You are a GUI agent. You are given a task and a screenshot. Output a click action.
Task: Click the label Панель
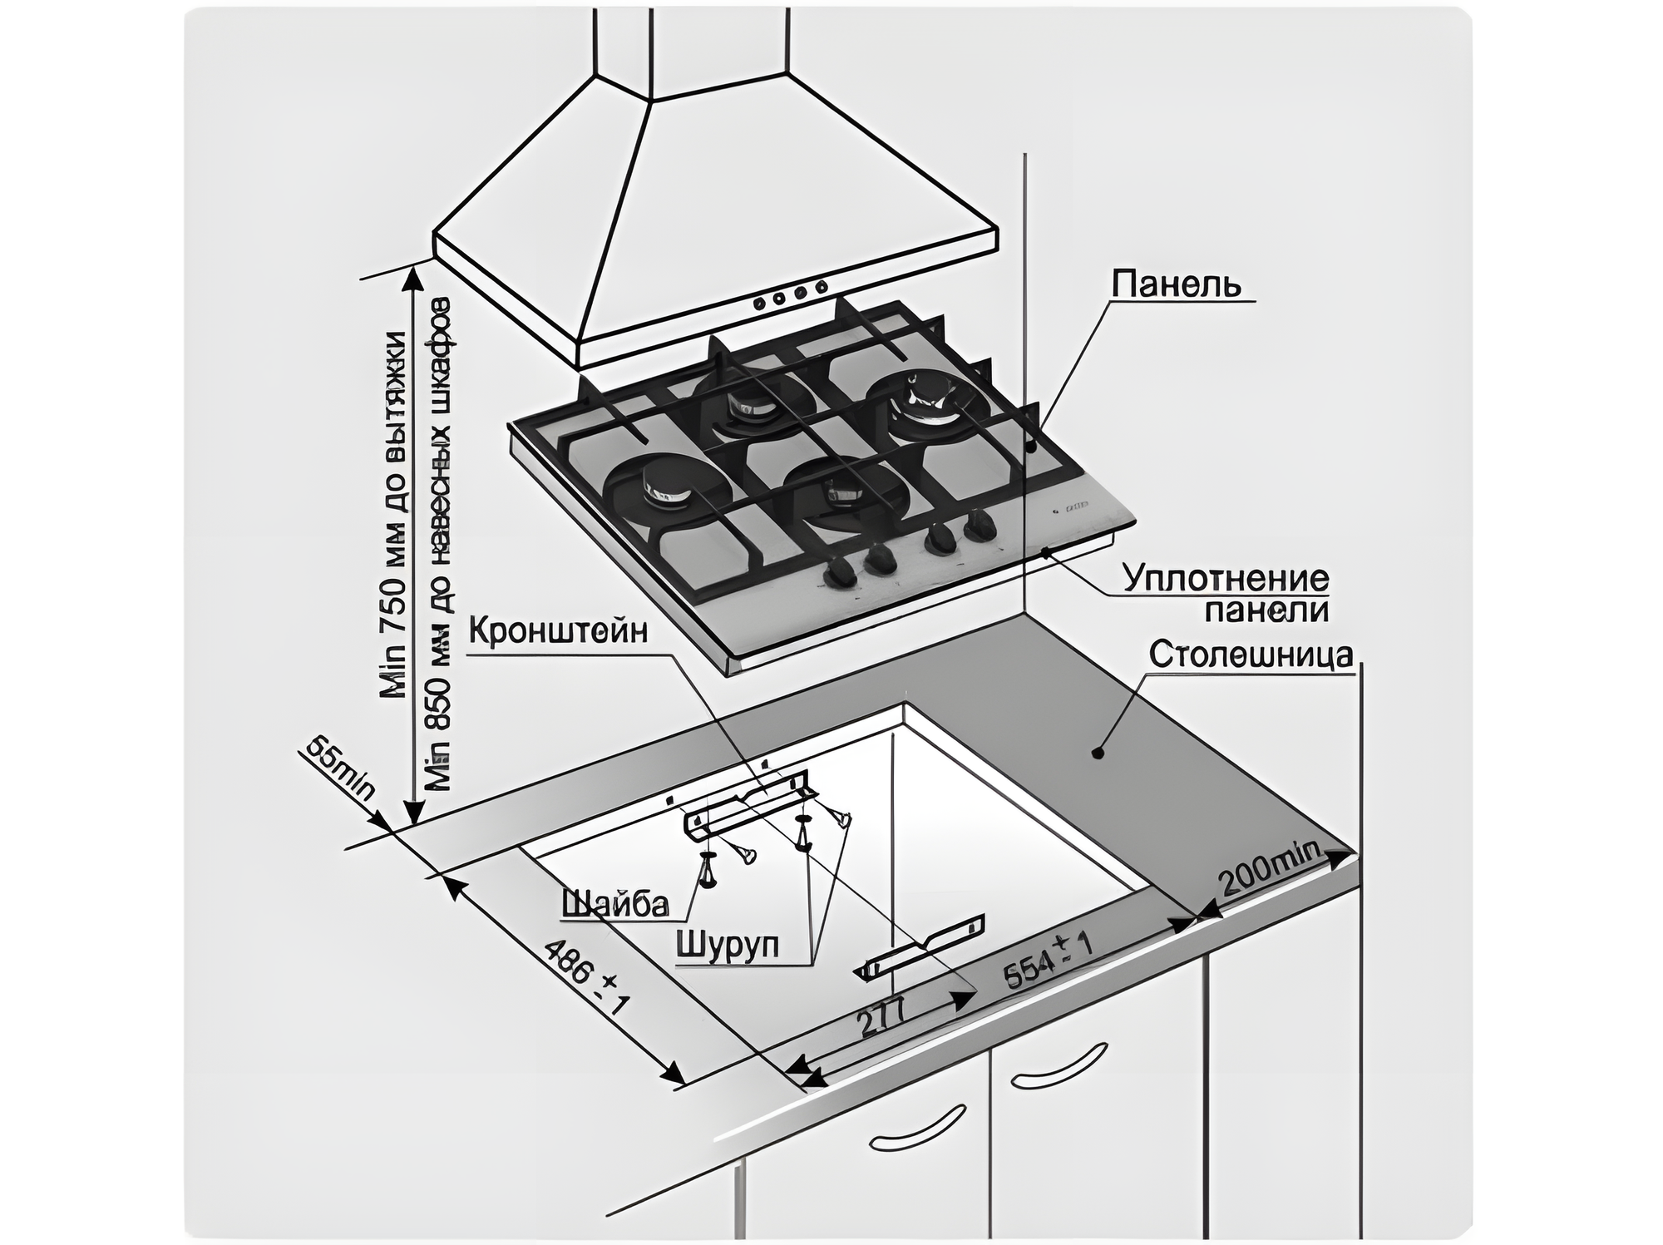(1177, 284)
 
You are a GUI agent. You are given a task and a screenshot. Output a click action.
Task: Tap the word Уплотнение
(1226, 578)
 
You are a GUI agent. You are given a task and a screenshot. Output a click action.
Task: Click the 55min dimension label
(340, 769)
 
